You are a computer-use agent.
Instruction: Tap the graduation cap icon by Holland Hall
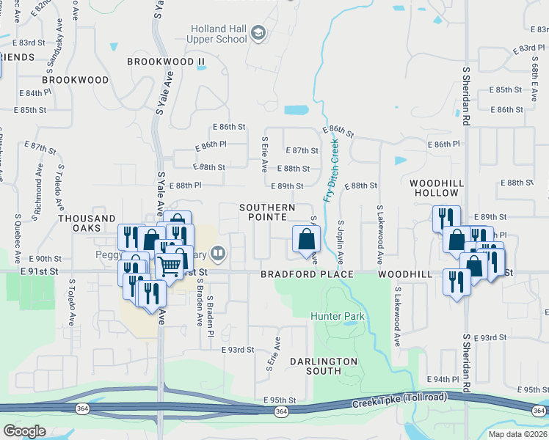coord(258,32)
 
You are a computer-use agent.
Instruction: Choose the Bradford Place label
coord(307,274)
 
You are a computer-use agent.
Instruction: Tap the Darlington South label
coord(323,366)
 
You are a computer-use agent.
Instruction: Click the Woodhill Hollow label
coord(434,187)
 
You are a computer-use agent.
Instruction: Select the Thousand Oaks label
coord(87,224)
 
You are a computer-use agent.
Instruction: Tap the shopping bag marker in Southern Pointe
coord(306,239)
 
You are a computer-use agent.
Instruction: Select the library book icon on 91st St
coord(217,254)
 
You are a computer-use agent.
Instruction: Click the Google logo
coord(24,430)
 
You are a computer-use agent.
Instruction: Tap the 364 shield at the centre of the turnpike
coord(281,412)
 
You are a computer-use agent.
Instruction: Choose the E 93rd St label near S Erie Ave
coord(238,351)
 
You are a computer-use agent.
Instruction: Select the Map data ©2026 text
coord(517,434)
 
